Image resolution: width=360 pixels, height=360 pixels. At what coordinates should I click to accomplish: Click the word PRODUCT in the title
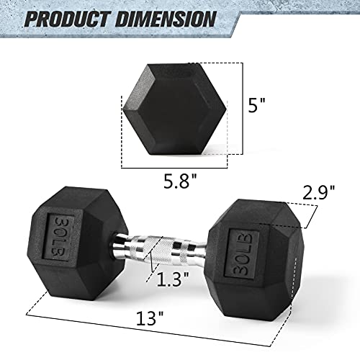(68, 17)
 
